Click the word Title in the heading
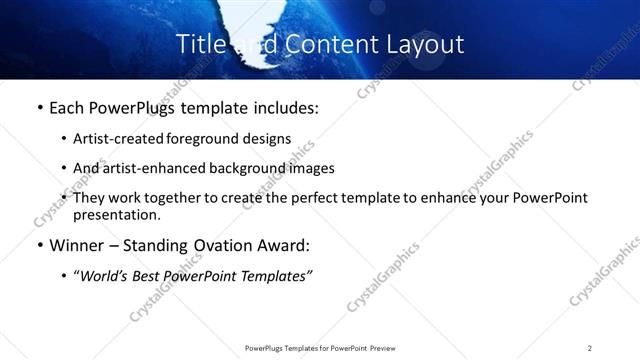pyautogui.click(x=201, y=44)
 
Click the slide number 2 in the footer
pyautogui.click(x=590, y=347)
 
